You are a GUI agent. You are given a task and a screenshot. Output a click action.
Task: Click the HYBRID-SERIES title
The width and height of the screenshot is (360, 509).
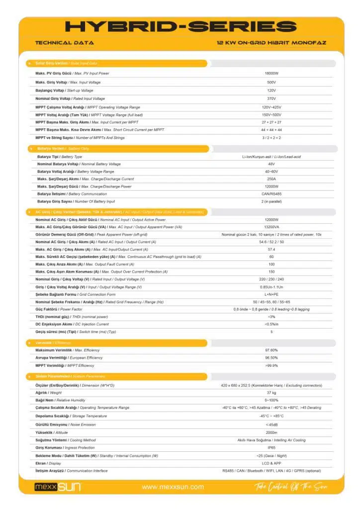(180, 27)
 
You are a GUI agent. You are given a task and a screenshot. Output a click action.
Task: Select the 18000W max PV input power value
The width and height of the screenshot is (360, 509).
(271, 74)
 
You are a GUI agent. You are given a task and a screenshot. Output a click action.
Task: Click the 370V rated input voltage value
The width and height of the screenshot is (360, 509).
(271, 98)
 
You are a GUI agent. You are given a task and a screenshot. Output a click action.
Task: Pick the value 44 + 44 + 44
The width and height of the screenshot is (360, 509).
(271, 130)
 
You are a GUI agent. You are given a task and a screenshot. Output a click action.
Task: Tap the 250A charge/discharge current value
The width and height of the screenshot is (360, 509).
(271, 179)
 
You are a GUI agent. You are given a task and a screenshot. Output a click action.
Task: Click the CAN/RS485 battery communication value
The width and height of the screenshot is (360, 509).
(271, 194)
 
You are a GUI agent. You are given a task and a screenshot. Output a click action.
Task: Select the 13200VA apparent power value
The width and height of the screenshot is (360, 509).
(271, 227)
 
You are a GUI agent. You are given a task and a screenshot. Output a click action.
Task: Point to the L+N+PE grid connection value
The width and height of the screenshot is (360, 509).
(271, 294)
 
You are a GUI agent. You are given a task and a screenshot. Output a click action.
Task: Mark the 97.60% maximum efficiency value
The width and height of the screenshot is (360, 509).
(271, 350)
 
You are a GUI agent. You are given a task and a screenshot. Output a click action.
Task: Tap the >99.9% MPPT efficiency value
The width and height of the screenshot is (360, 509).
(271, 365)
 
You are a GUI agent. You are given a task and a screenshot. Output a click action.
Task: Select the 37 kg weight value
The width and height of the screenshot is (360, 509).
(271, 393)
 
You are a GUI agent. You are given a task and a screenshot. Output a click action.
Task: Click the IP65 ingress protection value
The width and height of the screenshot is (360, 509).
(271, 447)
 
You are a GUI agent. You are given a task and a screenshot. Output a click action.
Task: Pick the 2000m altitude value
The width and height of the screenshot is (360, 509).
(271, 432)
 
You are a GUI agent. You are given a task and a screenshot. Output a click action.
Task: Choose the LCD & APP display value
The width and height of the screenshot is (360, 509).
(271, 463)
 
